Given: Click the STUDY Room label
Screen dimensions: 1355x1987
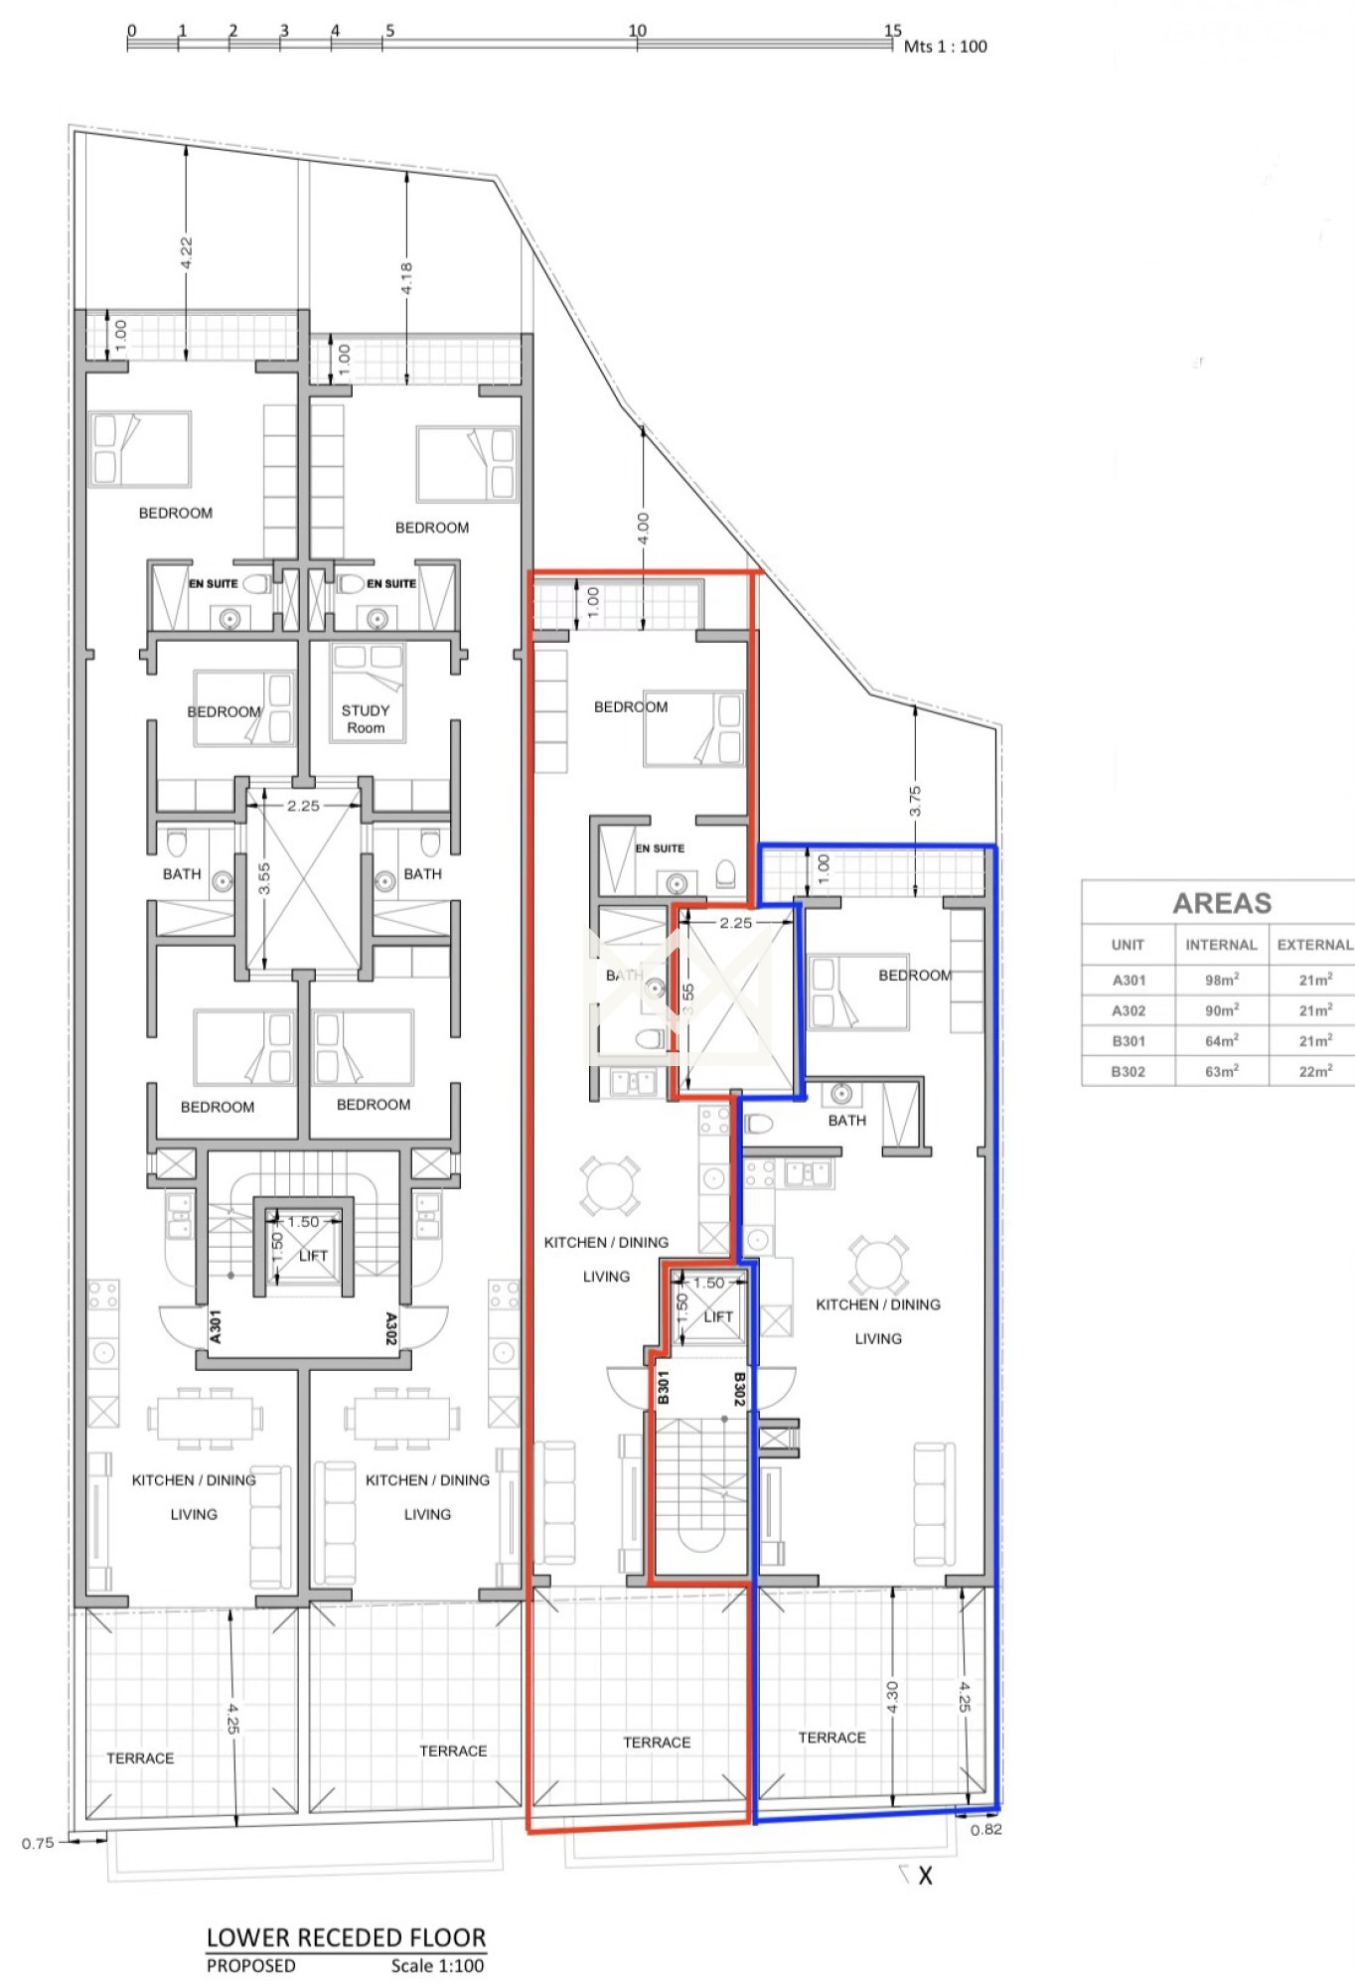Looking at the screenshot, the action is pos(366,718).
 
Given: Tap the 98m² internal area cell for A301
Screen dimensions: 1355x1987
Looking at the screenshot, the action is pos(1221,980).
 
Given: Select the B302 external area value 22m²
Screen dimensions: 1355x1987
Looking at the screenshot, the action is pos(1315,1071).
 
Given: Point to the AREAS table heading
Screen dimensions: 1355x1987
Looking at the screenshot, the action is pos(1222,903).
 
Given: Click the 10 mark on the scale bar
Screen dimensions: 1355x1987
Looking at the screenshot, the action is pos(637,30).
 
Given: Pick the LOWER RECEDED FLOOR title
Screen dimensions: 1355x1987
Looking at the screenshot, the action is pos(347,1937).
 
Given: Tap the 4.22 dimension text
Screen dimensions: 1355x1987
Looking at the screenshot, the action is pos(186,252).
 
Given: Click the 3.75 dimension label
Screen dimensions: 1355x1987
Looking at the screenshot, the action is pos(915,801).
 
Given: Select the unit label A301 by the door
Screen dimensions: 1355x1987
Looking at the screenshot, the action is pos(216,1327).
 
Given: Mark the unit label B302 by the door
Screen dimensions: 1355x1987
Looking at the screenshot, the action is pos(739,1388).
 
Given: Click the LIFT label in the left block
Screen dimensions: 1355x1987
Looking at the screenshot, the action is pos(313,1256).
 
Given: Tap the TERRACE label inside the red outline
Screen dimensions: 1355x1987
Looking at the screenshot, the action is pos(657,1743).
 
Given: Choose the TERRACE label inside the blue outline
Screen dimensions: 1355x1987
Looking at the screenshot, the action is pos(832,1738).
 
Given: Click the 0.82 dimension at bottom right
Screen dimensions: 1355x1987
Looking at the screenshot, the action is pos(986,1830).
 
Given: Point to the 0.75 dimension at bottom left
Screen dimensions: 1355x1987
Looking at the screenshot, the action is pos(38,1843).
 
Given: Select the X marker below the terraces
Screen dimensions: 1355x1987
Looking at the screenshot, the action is pos(925,1877).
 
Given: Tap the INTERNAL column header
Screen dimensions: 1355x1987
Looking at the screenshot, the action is pos(1221,945).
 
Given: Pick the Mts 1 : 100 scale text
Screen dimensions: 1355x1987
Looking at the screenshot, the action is pos(946,46).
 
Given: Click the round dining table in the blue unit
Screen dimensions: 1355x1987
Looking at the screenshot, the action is pos(878,1265).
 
